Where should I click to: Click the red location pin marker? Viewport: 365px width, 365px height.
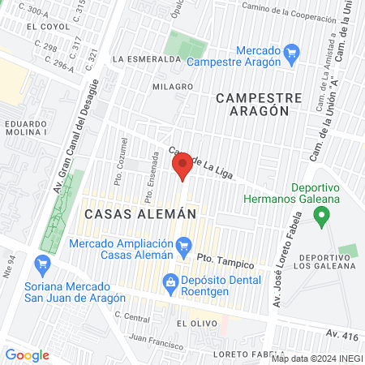point(182,165)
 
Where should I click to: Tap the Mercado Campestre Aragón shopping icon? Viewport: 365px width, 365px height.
point(293,54)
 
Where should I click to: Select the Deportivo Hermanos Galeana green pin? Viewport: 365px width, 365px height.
point(322,217)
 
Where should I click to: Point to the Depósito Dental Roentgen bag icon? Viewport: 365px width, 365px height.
point(170,281)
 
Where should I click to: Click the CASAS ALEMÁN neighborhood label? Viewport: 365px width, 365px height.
point(140,214)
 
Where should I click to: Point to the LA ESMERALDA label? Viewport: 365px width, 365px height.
point(146,59)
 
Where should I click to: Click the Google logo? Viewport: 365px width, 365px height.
point(27,355)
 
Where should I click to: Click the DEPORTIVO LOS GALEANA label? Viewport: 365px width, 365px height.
point(324,265)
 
